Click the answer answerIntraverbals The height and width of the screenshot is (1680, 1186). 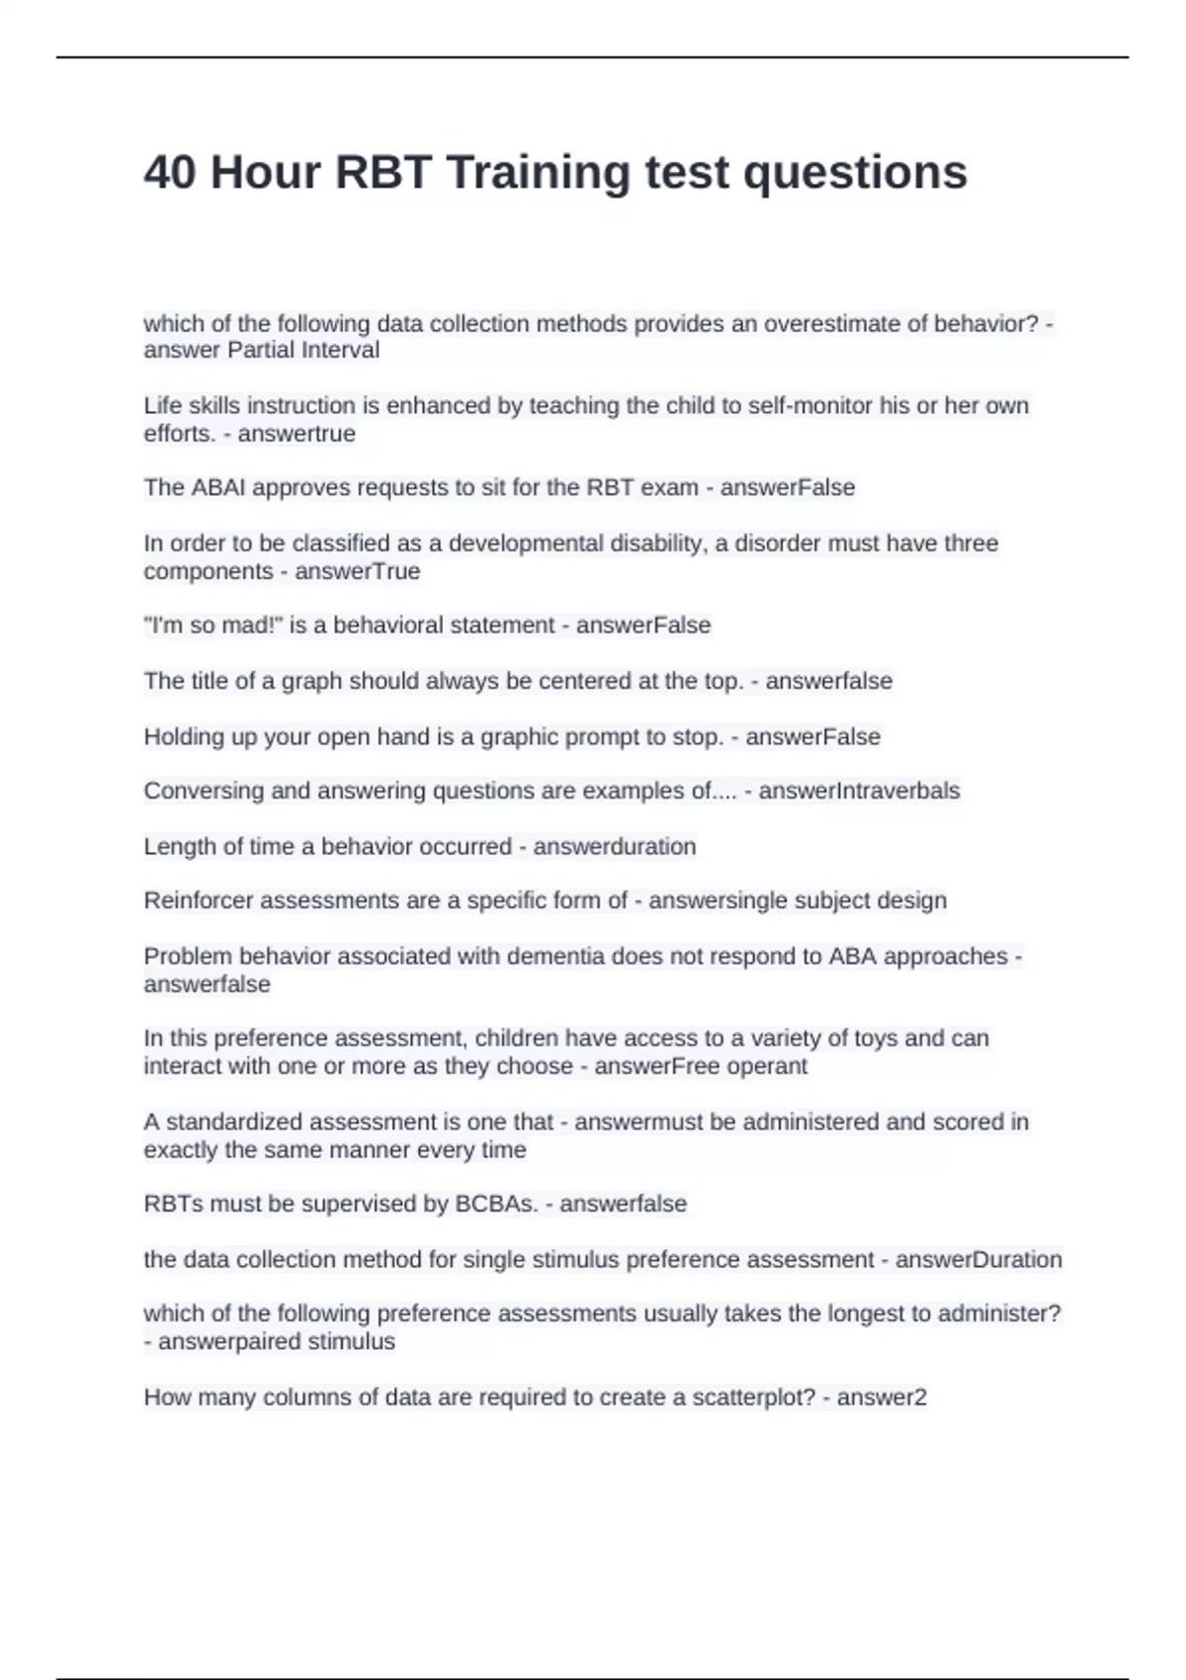point(859,791)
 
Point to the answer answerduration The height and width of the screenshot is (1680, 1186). point(614,846)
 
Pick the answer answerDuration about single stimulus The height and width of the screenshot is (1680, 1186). point(978,1259)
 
